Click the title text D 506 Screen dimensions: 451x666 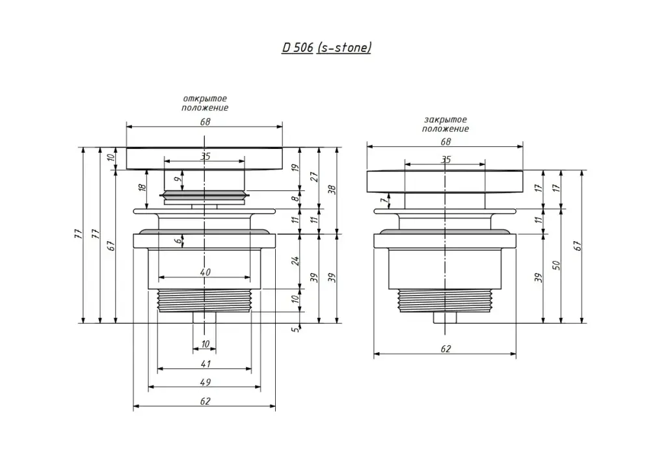pyautogui.click(x=297, y=48)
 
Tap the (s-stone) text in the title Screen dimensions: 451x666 pyautogui.click(x=343, y=48)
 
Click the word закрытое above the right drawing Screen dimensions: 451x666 pyautogui.click(x=445, y=120)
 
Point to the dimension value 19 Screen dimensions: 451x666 pyautogui.click(x=295, y=168)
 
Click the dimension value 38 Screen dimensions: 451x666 pyautogui.click(x=332, y=189)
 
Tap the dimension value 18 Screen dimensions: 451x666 pyautogui.click(x=142, y=189)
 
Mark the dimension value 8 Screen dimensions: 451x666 pyautogui.click(x=295, y=199)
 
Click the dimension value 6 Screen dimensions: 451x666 pyautogui.click(x=177, y=240)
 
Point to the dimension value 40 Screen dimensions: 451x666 pyautogui.click(x=205, y=272)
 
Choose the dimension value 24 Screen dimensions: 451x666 pyautogui.click(x=295, y=261)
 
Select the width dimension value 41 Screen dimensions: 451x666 pyautogui.click(x=205, y=363)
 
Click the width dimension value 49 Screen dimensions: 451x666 pyautogui.click(x=205, y=381)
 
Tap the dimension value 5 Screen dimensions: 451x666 pyautogui.click(x=295, y=330)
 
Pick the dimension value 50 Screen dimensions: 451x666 pyautogui.click(x=556, y=265)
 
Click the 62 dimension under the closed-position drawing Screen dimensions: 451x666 pyautogui.click(x=446, y=349)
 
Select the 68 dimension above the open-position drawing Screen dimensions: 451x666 pyautogui.click(x=205, y=122)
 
